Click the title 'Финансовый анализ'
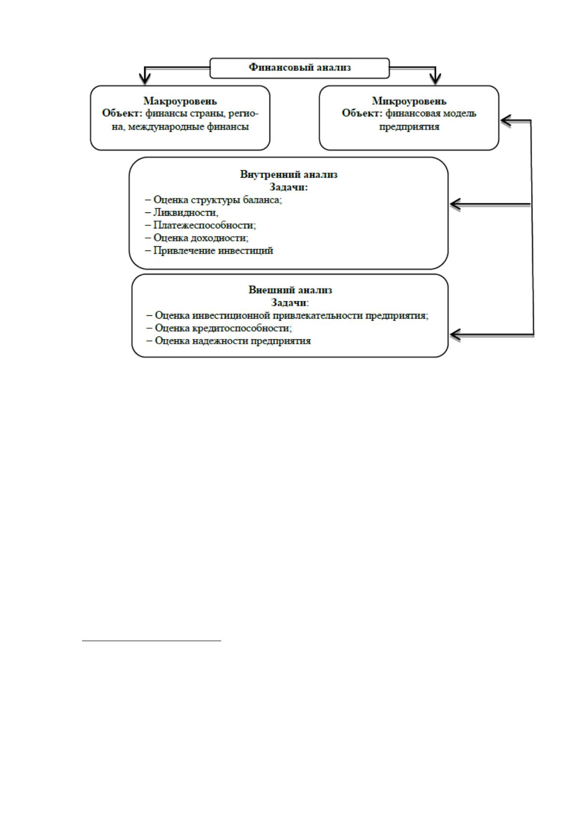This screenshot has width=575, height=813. (x=299, y=67)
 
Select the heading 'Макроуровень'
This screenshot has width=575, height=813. (x=180, y=100)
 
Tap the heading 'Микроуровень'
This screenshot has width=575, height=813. (x=409, y=100)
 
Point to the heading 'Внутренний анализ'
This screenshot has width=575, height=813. (x=289, y=174)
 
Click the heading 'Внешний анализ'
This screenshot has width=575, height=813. (x=290, y=290)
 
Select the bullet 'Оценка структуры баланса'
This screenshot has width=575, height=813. (x=217, y=199)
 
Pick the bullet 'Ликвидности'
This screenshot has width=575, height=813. (x=185, y=212)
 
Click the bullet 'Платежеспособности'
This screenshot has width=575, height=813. (x=204, y=225)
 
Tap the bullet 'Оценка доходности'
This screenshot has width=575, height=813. (x=201, y=238)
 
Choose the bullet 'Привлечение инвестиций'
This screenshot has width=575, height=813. (x=213, y=251)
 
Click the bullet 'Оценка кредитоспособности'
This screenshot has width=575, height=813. (x=223, y=328)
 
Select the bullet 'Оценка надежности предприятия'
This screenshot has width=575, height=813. (x=233, y=341)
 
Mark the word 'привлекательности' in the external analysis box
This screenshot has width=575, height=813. (x=317, y=315)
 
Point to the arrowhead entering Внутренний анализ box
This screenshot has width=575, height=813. (x=455, y=204)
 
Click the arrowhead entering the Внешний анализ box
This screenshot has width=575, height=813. (x=455, y=334)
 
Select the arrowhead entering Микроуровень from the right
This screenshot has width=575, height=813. (x=506, y=121)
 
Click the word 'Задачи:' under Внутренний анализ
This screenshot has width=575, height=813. (x=289, y=187)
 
